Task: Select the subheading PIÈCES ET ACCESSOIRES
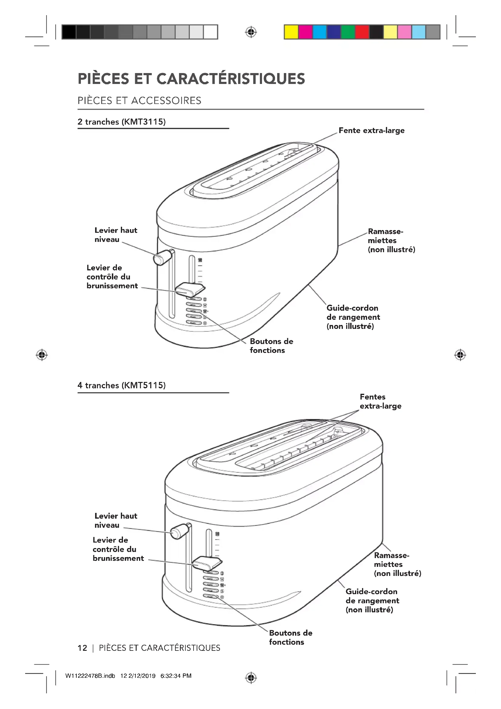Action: pyautogui.click(x=139, y=101)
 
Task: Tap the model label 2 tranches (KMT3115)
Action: pyautogui.click(x=121, y=122)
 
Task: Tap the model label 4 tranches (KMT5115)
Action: pyautogui.click(x=121, y=385)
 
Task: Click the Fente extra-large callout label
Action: pyautogui.click(x=371, y=130)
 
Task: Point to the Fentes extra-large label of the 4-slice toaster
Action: pyautogui.click(x=380, y=401)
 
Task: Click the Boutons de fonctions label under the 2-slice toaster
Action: pyautogui.click(x=271, y=346)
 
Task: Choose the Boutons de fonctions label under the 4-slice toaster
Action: pyautogui.click(x=290, y=637)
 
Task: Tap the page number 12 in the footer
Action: pyautogui.click(x=82, y=648)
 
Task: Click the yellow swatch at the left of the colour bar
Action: pyautogui.click(x=291, y=32)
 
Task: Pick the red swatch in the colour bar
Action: pyautogui.click(x=362, y=32)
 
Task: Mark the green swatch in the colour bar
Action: pyautogui.click(x=348, y=32)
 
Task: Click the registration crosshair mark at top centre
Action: pyautogui.click(x=251, y=32)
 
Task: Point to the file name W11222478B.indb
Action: pyautogui.click(x=90, y=676)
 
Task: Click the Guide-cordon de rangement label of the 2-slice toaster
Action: pyautogui.click(x=353, y=317)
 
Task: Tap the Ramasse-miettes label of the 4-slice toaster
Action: pyautogui.click(x=397, y=564)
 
